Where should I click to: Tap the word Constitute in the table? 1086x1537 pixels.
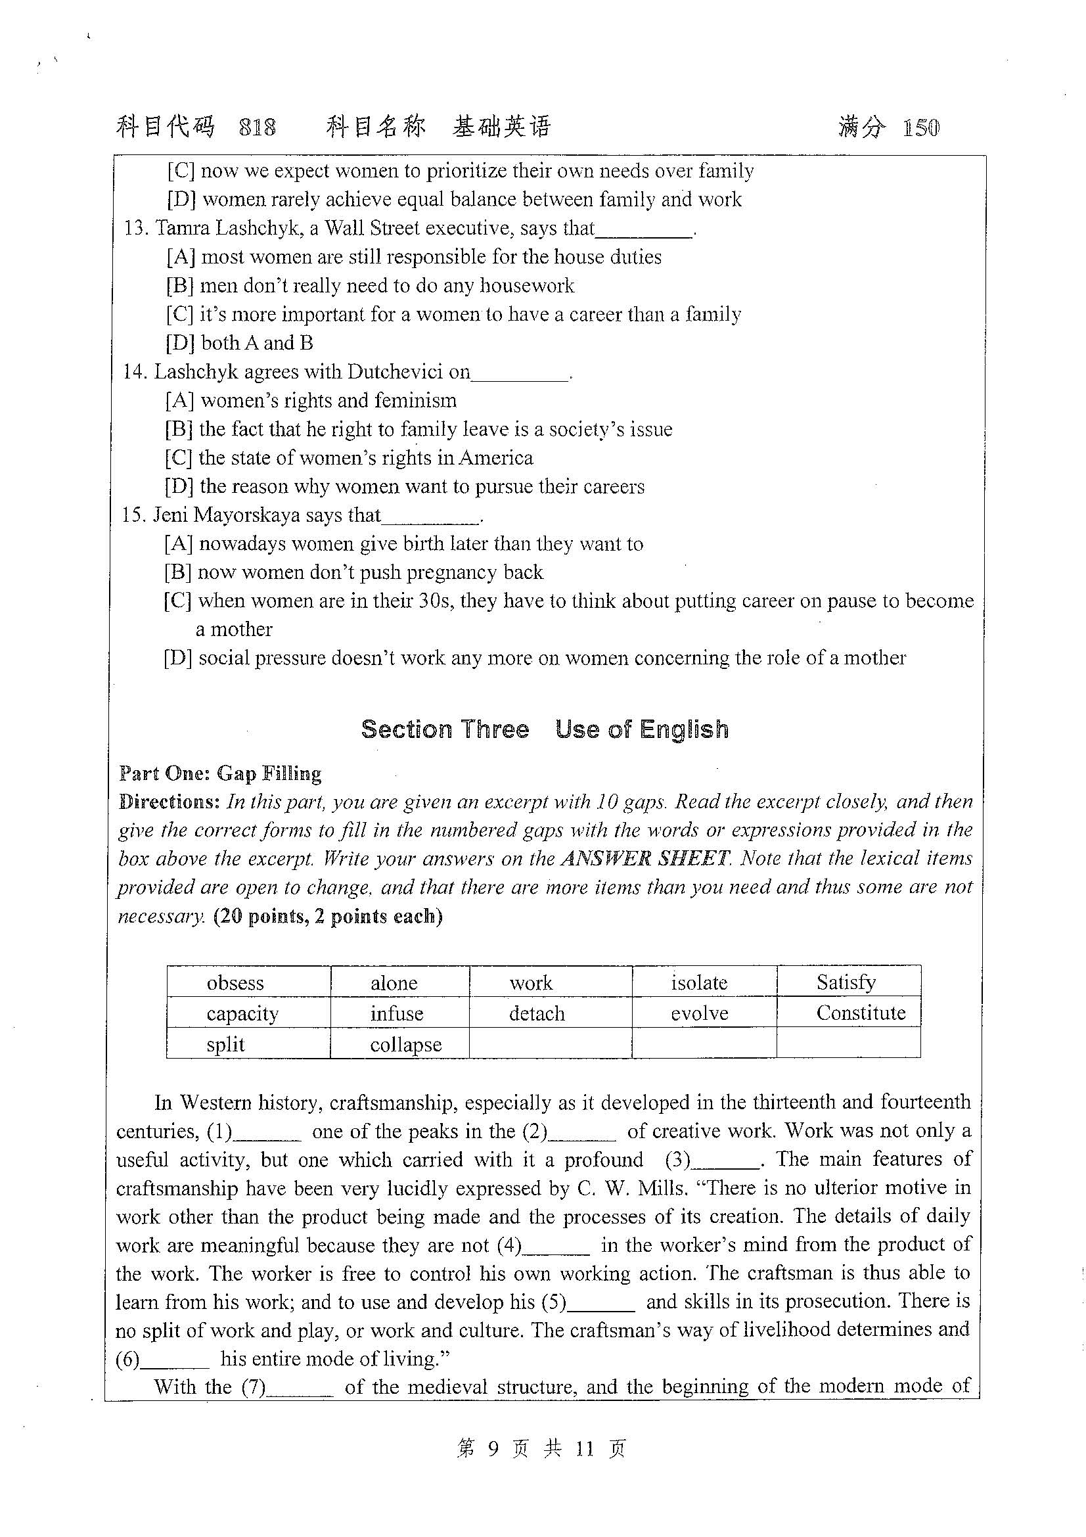coord(861,1013)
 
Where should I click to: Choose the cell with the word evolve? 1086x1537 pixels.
coord(699,1013)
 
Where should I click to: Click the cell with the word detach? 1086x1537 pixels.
coord(537,1013)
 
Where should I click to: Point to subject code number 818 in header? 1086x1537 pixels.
coord(257,127)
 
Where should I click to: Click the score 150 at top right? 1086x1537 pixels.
coord(920,127)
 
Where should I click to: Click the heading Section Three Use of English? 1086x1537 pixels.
coord(545,729)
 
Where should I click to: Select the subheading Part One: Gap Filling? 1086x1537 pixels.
coord(220,774)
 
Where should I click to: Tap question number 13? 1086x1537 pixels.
coord(135,228)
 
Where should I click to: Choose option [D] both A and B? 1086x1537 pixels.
coord(240,343)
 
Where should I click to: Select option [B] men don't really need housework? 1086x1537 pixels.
coord(370,286)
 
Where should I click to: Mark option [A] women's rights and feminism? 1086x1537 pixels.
coord(311,400)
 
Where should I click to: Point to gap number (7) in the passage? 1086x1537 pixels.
coord(300,1388)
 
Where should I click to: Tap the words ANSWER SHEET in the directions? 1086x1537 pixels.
coord(645,858)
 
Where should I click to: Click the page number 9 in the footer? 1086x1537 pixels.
coord(493,1449)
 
